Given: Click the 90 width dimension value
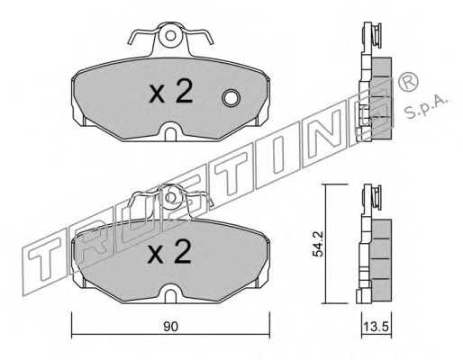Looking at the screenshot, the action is (170, 327).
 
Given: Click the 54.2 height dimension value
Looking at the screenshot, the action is (317, 244).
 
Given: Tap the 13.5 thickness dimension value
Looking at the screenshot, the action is (377, 326).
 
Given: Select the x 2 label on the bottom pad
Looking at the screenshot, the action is (170, 252).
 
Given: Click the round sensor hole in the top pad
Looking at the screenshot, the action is (231, 98).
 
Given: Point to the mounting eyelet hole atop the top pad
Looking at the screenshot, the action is (170, 36).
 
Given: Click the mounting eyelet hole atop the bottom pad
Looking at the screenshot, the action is (170, 197).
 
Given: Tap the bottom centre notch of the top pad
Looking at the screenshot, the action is (170, 131).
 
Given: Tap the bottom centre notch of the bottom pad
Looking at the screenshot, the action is (170, 293).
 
